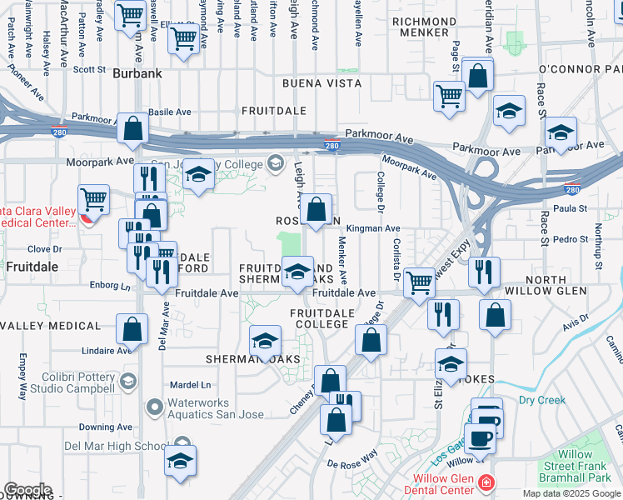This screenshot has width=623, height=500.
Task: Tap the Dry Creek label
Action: tap(541, 400)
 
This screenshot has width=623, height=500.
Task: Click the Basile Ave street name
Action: tap(170, 112)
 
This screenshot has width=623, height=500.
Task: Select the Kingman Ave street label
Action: tap(374, 227)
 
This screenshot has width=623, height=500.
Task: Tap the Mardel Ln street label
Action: tap(190, 385)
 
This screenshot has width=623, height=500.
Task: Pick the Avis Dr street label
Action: tap(576, 325)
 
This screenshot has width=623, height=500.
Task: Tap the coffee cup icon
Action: tap(479, 437)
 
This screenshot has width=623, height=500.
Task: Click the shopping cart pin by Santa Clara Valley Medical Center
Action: tap(94, 200)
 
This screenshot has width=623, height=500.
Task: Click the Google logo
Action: tap(27, 490)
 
